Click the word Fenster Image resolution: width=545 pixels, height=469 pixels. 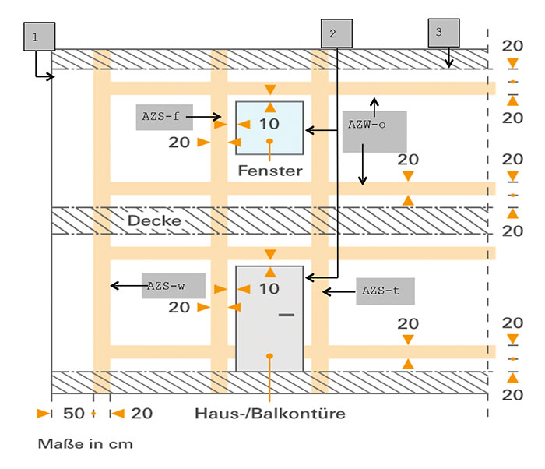[x=269, y=170]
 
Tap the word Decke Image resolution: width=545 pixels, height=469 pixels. [x=154, y=220]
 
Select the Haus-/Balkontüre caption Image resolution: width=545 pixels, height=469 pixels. [x=269, y=413]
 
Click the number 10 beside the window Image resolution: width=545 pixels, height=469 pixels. [x=269, y=124]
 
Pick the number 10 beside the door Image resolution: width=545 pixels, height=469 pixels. [x=269, y=289]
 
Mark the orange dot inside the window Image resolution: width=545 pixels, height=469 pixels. [x=269, y=141]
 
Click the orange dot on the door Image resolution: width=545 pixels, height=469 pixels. [x=269, y=356]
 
